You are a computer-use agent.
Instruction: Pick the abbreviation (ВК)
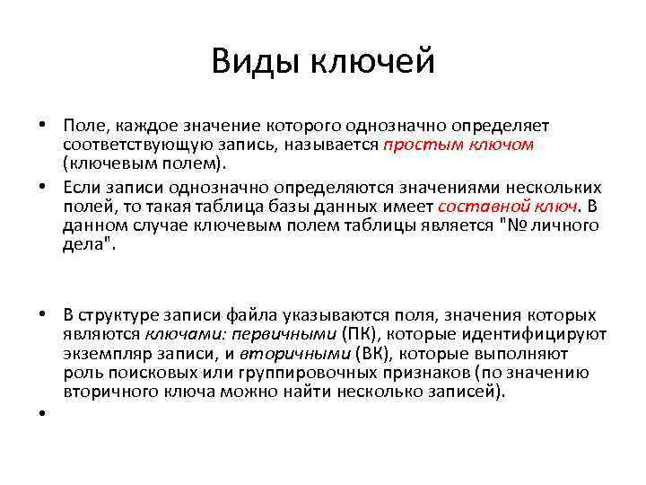pyautogui.click(x=372, y=354)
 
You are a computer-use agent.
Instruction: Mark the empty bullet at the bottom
pyautogui.click(x=43, y=414)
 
